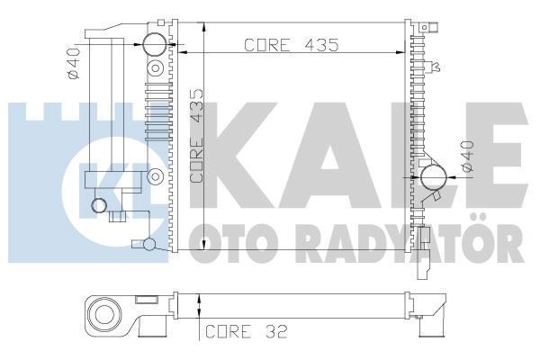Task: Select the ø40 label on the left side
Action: click(75, 65)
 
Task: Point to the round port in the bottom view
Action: click(106, 315)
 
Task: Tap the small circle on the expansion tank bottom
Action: click(100, 206)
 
